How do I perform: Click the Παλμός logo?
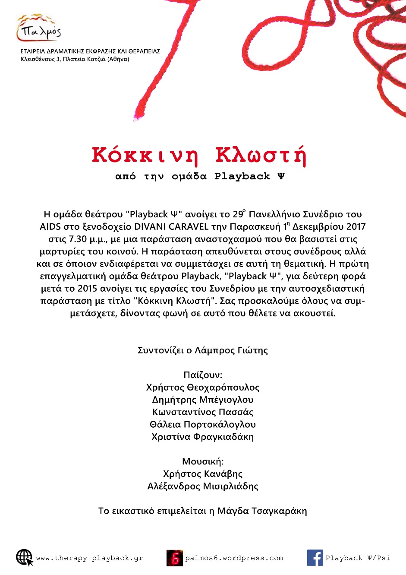(39, 28)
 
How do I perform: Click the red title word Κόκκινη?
(145, 156)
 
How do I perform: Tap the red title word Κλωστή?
(261, 156)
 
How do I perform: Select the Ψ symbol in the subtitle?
(281, 176)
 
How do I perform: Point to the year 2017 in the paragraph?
(356, 227)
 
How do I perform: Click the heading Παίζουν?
(203, 375)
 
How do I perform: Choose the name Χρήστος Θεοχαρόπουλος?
(203, 388)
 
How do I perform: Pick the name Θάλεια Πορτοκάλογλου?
(203, 425)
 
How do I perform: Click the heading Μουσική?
(203, 461)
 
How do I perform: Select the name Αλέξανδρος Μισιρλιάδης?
(203, 486)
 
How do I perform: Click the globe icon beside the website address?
(25, 558)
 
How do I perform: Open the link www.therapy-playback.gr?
(89, 558)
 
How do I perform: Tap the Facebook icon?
(315, 558)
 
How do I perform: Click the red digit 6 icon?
(175, 558)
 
